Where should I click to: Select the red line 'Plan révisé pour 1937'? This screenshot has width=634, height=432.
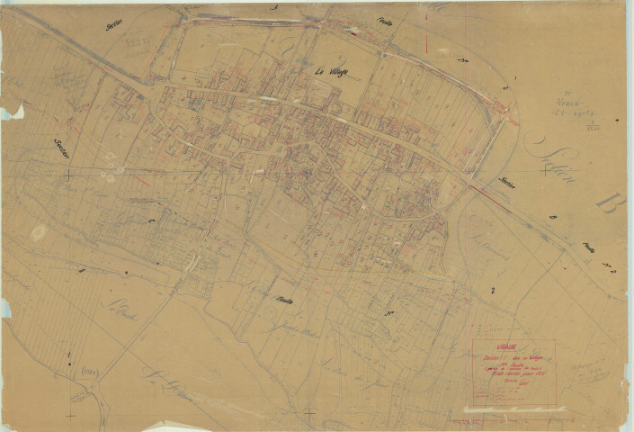(513, 373)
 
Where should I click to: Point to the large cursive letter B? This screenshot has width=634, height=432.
(606, 201)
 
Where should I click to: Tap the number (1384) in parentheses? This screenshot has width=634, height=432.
(91, 371)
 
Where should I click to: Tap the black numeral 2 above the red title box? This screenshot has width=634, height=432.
(492, 290)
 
